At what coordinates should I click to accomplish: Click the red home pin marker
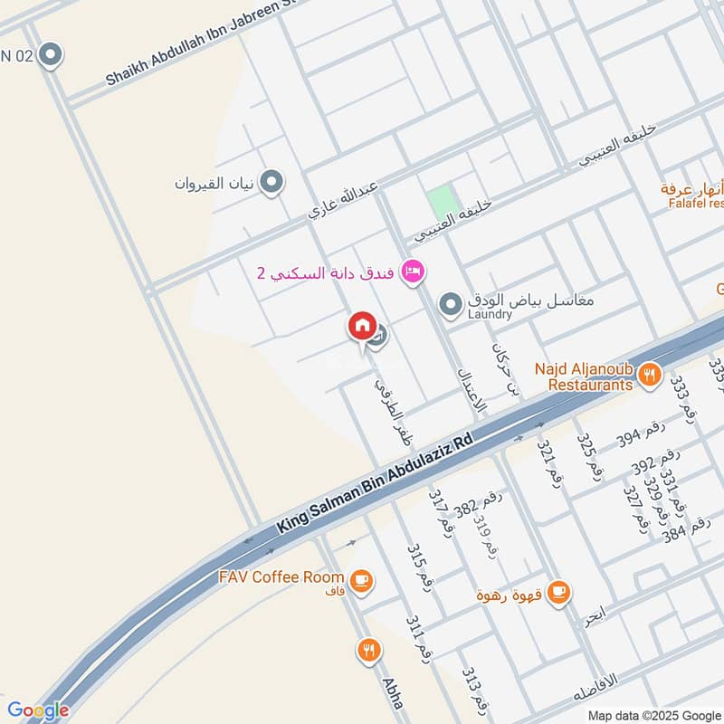[x=362, y=327]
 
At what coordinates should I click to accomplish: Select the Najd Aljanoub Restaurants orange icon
[x=649, y=374]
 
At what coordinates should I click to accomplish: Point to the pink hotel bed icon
[x=414, y=271]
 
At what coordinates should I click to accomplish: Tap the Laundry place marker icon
[x=450, y=301]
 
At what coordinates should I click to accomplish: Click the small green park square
[x=440, y=200]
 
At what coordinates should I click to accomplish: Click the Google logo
[x=37, y=710]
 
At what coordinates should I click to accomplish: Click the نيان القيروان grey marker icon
[x=270, y=183]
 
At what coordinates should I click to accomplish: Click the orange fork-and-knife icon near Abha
[x=368, y=649]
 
